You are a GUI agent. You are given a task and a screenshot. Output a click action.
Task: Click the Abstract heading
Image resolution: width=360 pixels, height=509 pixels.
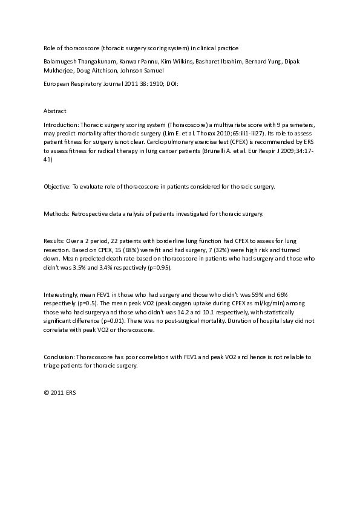pos(54,111)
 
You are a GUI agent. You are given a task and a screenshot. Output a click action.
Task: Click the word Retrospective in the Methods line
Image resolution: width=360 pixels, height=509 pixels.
pos(92,214)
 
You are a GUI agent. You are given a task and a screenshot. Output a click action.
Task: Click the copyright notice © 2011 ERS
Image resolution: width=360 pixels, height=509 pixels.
pos(60,392)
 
